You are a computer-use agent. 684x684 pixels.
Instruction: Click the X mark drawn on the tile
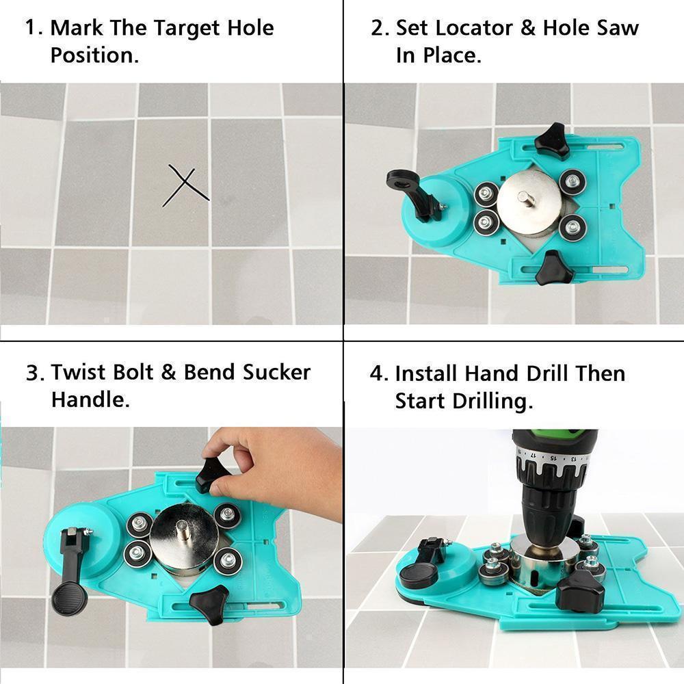coord(185,186)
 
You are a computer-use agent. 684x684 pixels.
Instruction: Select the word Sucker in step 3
coord(276,372)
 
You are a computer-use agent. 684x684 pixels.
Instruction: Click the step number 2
coord(378,28)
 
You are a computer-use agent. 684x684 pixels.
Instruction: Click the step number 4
coord(378,373)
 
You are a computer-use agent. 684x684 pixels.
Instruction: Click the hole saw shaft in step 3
coord(184,529)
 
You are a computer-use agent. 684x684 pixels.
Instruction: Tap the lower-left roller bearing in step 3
coord(137,553)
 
